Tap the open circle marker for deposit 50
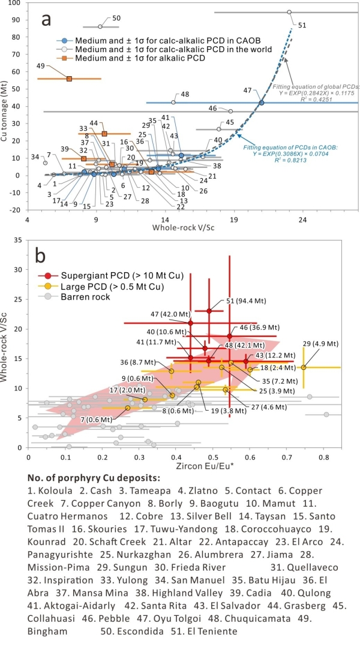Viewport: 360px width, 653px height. click(100, 26)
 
